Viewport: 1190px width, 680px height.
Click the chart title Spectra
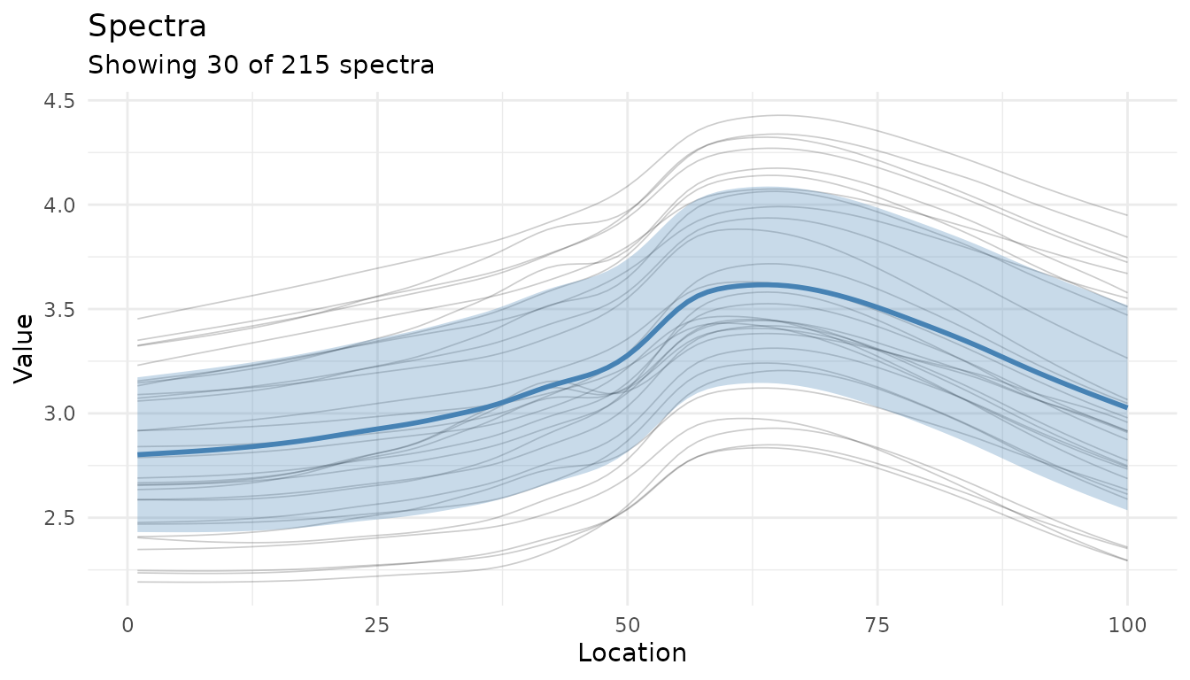point(147,27)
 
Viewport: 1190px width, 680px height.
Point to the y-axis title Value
point(26,347)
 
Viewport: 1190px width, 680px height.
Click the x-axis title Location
point(631,653)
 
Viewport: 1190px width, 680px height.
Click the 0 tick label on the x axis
point(128,626)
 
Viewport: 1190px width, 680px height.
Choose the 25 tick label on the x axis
point(377,626)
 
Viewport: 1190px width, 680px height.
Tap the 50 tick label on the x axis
point(627,626)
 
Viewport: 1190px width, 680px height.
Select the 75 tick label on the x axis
point(877,626)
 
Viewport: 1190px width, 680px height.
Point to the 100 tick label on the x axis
point(1127,626)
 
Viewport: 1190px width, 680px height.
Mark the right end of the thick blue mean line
point(1127,407)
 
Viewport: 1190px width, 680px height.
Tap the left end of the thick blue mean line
point(138,454)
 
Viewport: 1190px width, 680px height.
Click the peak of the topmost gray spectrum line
point(779,115)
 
